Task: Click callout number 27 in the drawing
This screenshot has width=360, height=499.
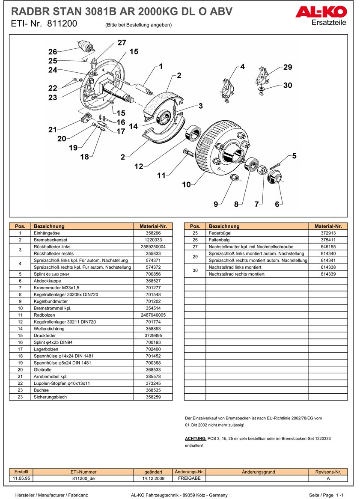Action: click(x=122, y=42)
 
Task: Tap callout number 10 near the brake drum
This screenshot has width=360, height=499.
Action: click(x=187, y=184)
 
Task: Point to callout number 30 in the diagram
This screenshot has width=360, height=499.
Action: click(x=288, y=86)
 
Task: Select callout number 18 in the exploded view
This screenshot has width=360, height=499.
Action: click(x=84, y=157)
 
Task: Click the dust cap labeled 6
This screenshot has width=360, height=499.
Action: click(x=274, y=176)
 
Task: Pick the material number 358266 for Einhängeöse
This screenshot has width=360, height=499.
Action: click(x=153, y=233)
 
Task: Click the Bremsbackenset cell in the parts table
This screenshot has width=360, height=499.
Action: click(x=51, y=240)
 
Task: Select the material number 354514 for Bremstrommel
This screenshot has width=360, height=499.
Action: click(x=153, y=308)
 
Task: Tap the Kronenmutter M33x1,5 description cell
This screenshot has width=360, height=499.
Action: click(x=56, y=288)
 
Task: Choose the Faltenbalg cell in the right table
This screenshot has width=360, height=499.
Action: click(x=219, y=240)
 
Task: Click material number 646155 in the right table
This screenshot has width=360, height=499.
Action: click(x=328, y=247)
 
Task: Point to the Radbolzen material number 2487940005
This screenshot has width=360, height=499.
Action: click(x=153, y=315)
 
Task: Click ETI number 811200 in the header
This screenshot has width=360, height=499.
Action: click(x=62, y=24)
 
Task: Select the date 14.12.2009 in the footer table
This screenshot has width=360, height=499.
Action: click(x=153, y=478)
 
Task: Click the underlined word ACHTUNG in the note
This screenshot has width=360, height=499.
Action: click(x=195, y=439)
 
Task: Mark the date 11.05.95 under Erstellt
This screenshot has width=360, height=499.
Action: click(x=21, y=478)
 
